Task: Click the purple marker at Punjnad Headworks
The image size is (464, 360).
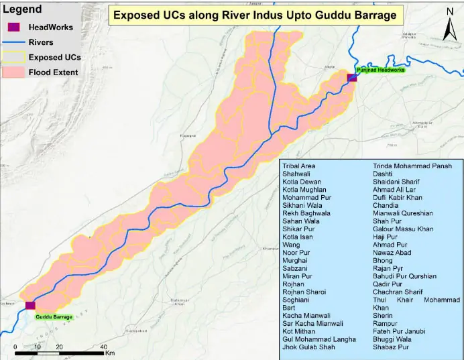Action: [352, 78]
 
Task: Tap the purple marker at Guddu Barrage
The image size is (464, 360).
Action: [30, 306]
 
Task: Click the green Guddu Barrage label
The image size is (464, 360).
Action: [54, 316]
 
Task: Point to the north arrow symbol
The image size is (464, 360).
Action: [449, 26]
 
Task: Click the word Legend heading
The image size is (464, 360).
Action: [22, 9]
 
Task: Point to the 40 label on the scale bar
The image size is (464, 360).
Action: [103, 347]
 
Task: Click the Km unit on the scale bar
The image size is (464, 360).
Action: [111, 353]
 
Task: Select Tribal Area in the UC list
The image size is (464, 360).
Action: [299, 166]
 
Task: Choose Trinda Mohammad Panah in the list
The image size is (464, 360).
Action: [412, 166]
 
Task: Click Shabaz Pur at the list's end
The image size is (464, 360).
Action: [391, 347]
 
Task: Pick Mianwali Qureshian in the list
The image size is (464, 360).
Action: [403, 213]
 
